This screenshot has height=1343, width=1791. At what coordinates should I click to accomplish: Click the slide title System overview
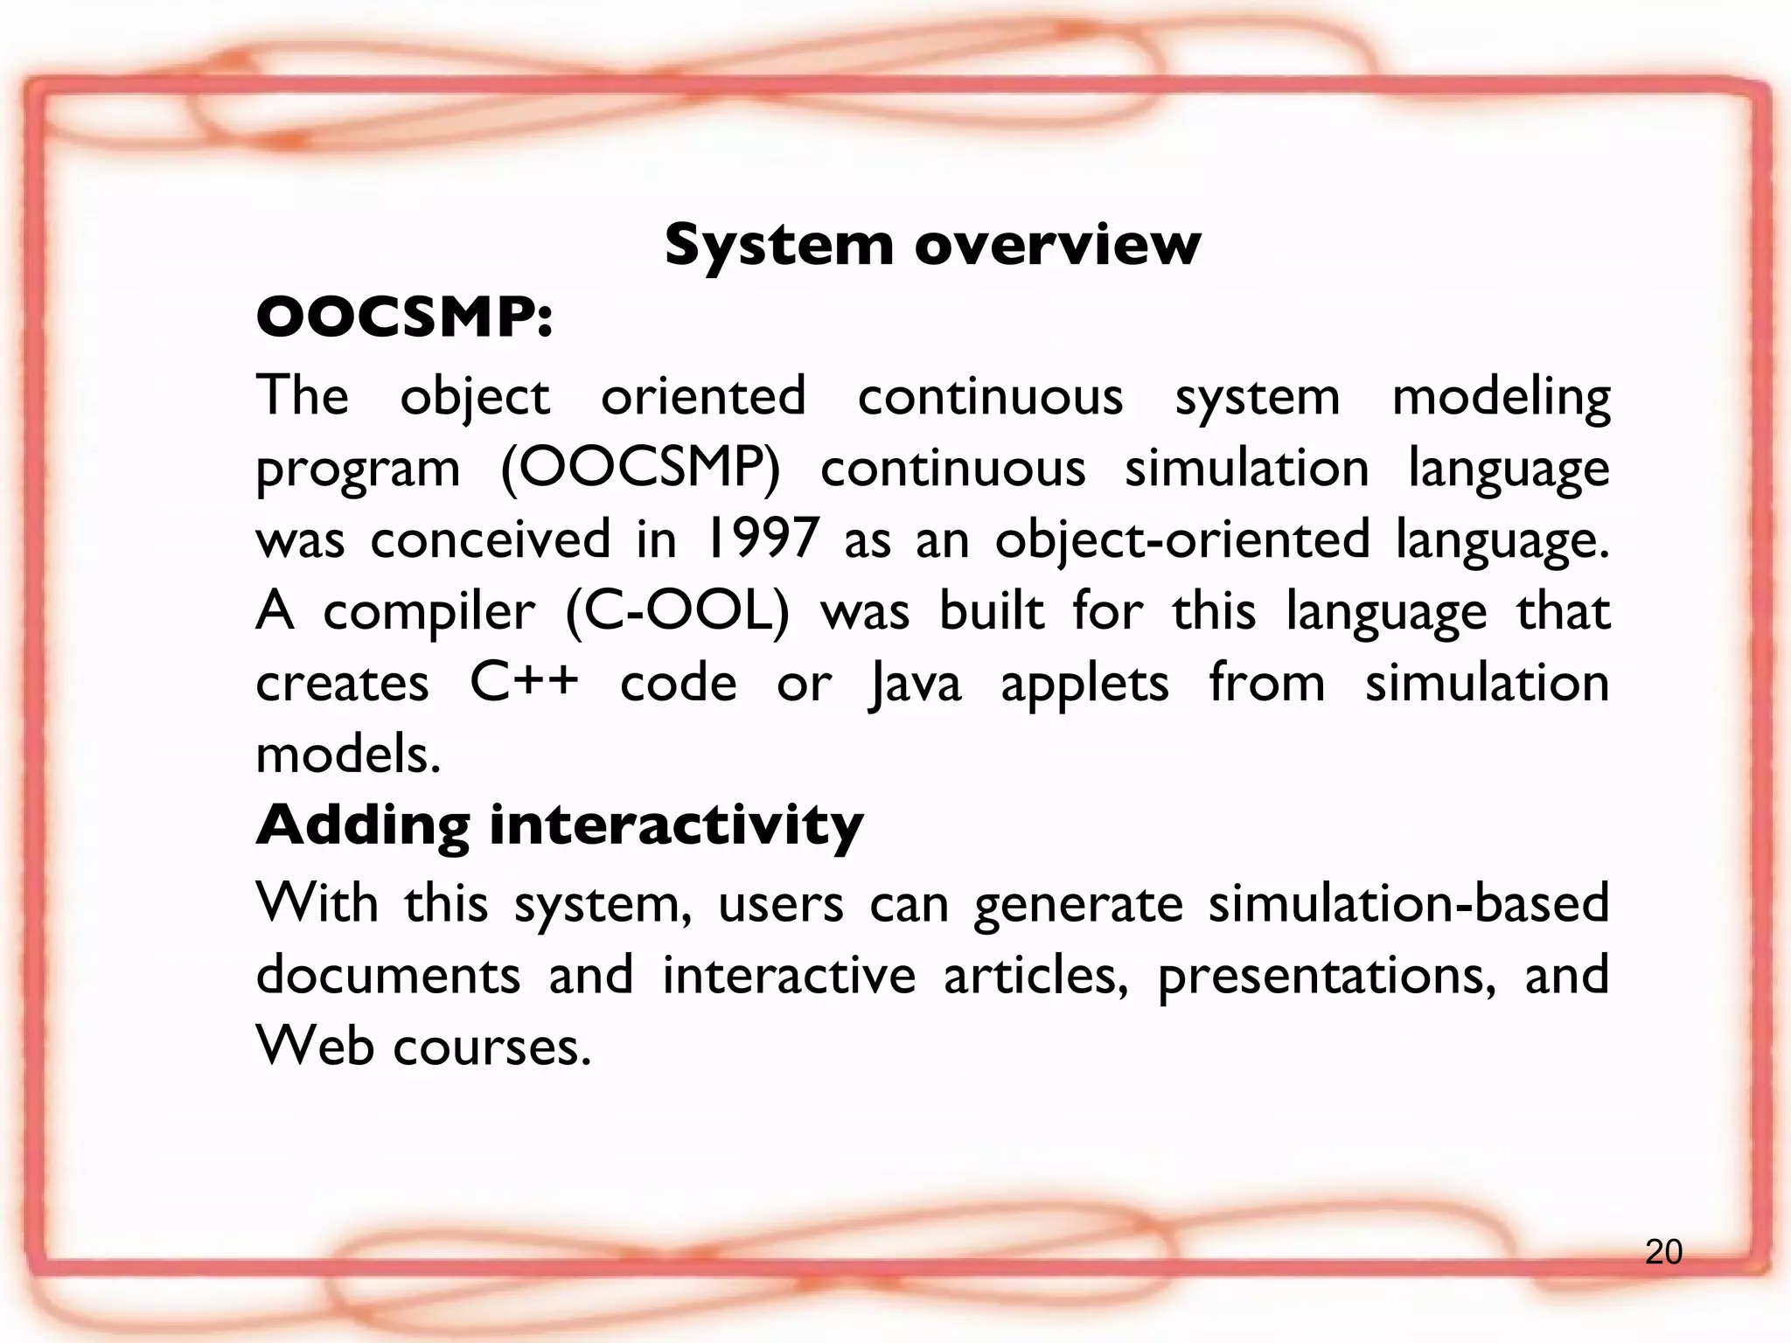[932, 245]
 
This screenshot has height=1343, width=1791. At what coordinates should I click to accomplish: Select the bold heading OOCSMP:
[404, 317]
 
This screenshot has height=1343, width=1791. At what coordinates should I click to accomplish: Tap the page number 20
[1663, 1253]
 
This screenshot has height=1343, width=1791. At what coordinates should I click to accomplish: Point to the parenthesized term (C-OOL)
[677, 611]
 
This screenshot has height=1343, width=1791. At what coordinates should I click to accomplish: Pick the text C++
[524, 682]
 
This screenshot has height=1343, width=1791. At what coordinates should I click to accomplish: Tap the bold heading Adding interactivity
[560, 825]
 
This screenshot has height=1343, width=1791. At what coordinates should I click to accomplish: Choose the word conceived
[490, 539]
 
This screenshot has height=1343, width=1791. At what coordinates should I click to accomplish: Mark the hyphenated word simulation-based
[1408, 902]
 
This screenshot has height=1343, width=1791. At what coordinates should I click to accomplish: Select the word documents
[388, 974]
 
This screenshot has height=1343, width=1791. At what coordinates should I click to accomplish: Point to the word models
[348, 754]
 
